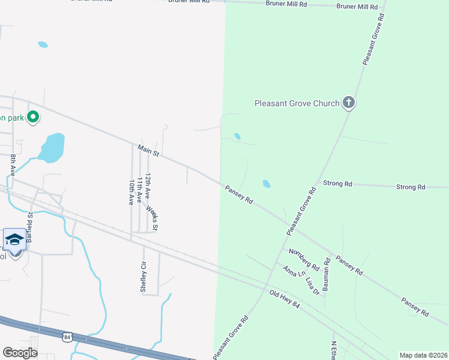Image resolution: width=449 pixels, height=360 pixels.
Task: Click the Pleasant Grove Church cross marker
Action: click(x=349, y=103)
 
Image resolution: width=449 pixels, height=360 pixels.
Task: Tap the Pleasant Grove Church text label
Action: click(x=297, y=104)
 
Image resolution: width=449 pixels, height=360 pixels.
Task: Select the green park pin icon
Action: click(x=34, y=117)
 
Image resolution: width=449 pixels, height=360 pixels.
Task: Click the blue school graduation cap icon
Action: click(x=14, y=241)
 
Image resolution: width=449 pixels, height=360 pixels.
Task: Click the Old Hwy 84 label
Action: click(x=284, y=299)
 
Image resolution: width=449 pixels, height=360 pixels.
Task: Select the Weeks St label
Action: click(x=153, y=218)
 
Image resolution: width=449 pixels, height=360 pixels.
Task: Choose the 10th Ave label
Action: click(x=131, y=191)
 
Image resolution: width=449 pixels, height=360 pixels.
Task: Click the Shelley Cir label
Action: click(x=143, y=277)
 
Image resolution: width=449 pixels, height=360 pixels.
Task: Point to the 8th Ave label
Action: click(x=13, y=166)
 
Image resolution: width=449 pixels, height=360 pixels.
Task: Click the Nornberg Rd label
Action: click(x=303, y=259)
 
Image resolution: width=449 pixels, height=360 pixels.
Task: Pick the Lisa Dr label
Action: click(x=312, y=285)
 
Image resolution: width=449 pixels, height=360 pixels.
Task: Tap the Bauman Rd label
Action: click(x=327, y=274)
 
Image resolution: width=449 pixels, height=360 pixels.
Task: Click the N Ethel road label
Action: click(x=334, y=349)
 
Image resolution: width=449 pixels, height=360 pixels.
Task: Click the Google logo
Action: click(x=20, y=353)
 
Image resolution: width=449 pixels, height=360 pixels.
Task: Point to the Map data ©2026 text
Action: click(x=423, y=355)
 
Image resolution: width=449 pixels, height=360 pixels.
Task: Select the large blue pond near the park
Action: click(x=52, y=147)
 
